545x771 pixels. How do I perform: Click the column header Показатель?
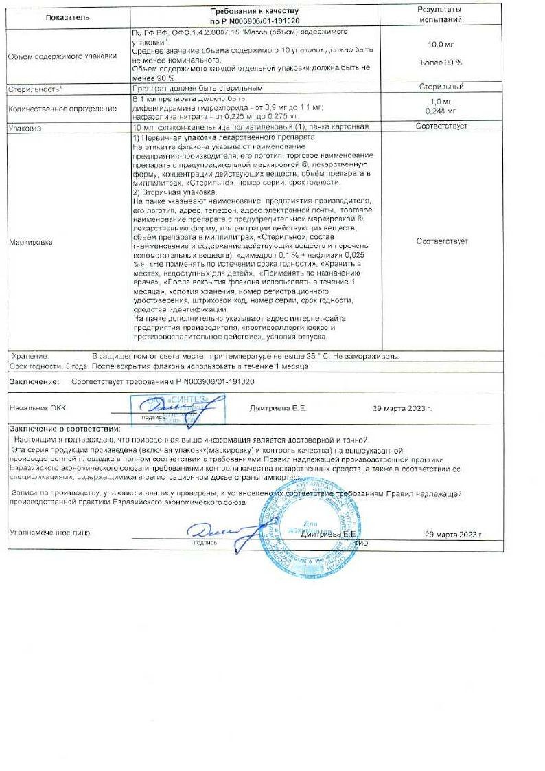pos(67,16)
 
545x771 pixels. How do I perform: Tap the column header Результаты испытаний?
pos(440,14)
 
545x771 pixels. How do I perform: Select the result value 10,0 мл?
pos(441,44)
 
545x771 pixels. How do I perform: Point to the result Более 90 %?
pos(441,63)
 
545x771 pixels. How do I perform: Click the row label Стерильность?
pos(34,89)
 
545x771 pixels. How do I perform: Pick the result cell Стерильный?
pos(441,87)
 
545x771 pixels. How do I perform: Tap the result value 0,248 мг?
pos(441,111)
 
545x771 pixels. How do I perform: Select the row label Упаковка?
pos(25,128)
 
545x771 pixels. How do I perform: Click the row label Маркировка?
pos(30,243)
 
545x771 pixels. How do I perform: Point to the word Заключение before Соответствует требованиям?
pos(34,381)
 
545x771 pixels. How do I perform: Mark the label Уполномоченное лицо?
pos(49,533)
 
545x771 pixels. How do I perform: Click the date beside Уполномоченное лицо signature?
pos(454,534)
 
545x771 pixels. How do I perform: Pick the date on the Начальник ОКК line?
pos(402,407)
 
